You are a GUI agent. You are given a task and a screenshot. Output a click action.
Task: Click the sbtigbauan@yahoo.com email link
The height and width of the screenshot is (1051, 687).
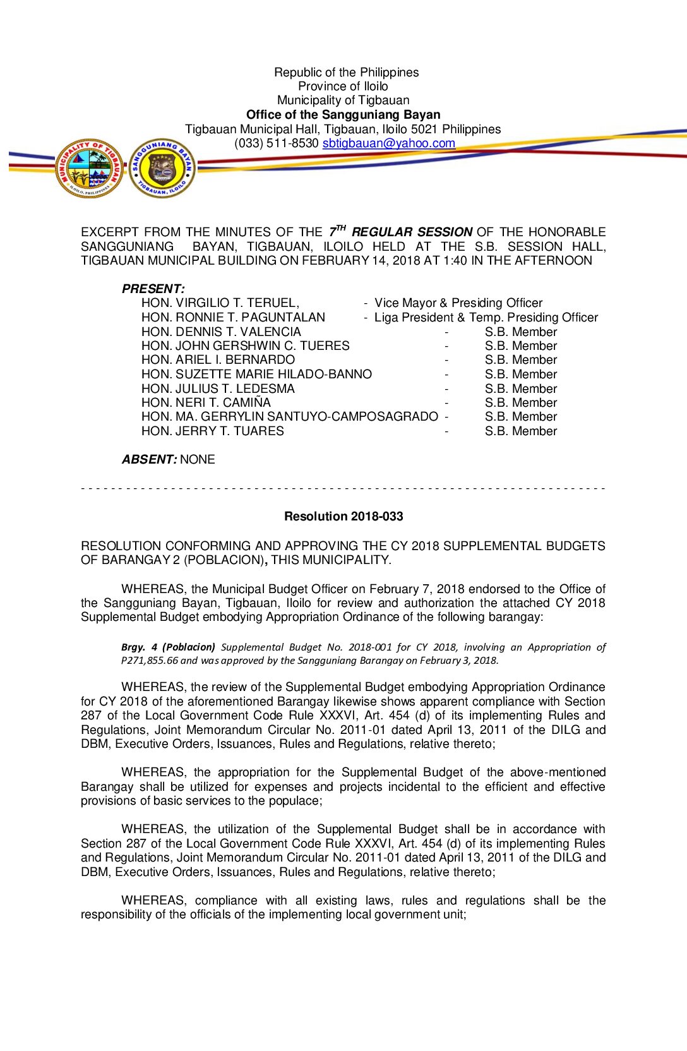click(x=388, y=143)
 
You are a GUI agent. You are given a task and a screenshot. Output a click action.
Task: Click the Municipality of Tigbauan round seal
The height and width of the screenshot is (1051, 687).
click(x=90, y=168)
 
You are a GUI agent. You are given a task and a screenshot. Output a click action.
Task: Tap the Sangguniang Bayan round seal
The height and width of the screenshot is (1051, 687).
click(x=162, y=168)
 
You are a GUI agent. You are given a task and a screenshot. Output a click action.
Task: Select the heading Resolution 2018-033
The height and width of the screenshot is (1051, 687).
click(x=343, y=516)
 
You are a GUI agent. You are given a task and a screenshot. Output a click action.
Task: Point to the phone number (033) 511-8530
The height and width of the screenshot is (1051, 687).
click(x=276, y=143)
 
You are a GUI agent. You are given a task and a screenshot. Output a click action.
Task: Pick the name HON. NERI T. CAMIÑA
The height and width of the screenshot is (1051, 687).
click(x=206, y=403)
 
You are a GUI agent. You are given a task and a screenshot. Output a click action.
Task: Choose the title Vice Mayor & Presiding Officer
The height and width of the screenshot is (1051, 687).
click(x=458, y=303)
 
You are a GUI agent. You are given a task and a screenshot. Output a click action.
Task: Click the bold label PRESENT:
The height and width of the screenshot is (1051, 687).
click(x=153, y=289)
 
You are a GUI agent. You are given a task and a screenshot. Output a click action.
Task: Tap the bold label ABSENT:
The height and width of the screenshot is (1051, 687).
click(x=149, y=459)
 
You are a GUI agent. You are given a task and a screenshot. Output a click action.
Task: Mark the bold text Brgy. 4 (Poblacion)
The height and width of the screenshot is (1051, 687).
click(x=168, y=647)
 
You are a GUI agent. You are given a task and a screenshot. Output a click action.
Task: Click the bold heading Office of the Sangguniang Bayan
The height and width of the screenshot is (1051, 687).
click(x=343, y=114)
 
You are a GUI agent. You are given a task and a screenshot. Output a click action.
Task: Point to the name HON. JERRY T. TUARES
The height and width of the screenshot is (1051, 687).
click(x=213, y=431)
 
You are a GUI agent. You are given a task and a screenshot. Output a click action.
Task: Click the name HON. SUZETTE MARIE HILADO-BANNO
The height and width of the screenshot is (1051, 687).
click(x=256, y=374)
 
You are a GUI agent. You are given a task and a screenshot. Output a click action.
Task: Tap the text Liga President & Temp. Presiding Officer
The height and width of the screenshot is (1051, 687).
click(x=486, y=317)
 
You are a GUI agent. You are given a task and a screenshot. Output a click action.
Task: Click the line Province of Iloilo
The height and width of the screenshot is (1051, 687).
click(x=343, y=86)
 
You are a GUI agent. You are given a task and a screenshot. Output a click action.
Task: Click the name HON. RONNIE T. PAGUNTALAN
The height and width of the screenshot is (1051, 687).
click(x=233, y=317)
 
